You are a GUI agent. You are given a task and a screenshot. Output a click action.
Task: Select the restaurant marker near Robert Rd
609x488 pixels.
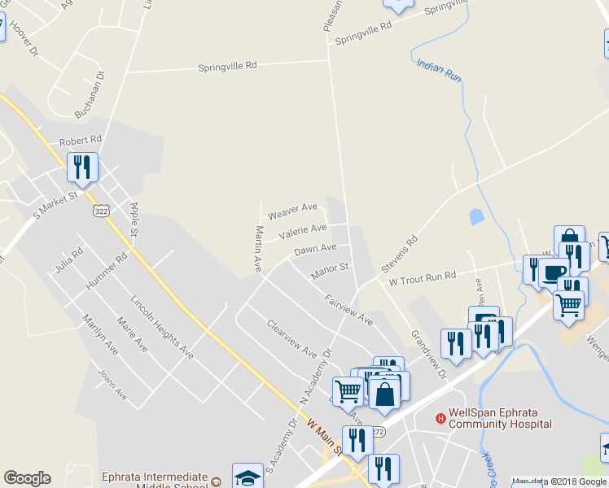(83, 167)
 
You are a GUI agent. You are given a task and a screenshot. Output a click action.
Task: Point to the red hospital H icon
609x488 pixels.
(440, 418)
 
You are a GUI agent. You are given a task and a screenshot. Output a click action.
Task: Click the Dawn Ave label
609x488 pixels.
(315, 248)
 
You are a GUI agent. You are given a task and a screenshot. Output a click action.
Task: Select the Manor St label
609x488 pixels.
(330, 272)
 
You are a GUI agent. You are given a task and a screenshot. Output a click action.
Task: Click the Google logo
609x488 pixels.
(27, 478)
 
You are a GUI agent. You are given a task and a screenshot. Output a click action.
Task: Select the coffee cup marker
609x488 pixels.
(554, 272)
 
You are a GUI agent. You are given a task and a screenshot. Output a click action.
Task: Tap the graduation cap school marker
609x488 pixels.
(248, 476)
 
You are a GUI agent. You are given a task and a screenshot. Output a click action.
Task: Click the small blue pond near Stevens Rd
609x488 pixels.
(475, 216)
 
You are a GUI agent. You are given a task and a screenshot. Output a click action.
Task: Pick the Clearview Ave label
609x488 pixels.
(291, 338)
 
